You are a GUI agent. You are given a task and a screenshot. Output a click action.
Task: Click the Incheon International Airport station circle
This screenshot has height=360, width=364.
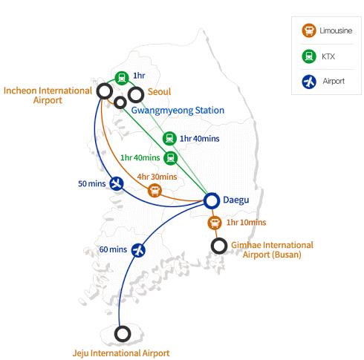105,91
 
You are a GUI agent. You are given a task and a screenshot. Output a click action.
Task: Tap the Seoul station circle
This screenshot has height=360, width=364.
136,94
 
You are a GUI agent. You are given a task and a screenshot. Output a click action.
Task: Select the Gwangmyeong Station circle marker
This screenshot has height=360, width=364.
120,102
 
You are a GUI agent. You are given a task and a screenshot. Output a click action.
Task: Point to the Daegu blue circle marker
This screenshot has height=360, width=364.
211,200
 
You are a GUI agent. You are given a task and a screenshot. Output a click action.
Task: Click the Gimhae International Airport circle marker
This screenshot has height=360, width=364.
218,245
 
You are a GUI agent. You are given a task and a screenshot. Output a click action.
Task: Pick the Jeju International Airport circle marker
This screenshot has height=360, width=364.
123,333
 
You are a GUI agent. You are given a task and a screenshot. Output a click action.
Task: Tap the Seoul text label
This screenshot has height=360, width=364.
159,92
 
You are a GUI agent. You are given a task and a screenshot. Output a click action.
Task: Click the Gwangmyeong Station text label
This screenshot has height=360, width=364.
178,111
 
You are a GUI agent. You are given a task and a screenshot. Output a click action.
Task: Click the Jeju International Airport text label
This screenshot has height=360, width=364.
121,353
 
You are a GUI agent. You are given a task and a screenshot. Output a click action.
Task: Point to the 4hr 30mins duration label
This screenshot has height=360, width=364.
157,177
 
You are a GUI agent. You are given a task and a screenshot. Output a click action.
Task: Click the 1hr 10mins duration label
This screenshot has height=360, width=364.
246,222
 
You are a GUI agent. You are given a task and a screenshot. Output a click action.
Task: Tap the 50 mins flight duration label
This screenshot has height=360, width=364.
91,183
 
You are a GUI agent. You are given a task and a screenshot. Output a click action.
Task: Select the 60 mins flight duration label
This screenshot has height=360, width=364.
113,249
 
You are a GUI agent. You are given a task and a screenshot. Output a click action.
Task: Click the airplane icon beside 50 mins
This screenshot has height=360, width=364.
116,183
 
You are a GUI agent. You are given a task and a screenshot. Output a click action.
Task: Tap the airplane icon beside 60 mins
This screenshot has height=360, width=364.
137,249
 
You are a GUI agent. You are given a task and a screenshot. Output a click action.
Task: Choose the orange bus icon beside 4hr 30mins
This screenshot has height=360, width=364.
155,190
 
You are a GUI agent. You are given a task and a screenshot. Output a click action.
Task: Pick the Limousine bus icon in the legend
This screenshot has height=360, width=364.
308,31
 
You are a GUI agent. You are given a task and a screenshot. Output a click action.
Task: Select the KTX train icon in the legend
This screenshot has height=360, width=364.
308,56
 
